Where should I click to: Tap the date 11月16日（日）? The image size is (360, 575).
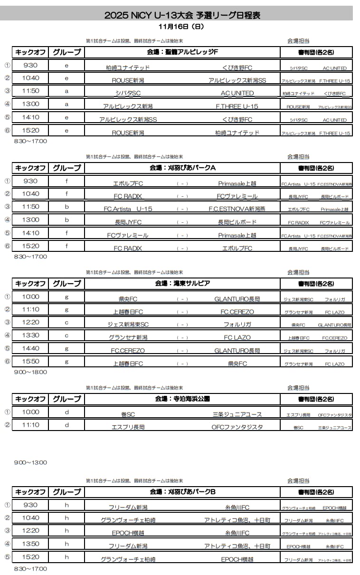pos(182,27)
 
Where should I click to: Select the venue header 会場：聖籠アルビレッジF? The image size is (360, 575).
pos(183,52)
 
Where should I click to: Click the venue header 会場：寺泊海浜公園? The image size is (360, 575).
pos(183,399)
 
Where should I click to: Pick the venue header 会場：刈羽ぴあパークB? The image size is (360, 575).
pos(183,492)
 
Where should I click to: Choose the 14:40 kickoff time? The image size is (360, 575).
pos(31,349)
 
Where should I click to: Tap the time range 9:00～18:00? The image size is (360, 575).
pos(30,372)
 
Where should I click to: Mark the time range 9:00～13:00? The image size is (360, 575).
pos(30,462)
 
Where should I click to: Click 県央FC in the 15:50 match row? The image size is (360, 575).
pos(237,364)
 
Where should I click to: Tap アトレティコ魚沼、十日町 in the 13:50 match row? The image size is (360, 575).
pos(237,546)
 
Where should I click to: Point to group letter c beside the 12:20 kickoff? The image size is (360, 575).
pos(66,323)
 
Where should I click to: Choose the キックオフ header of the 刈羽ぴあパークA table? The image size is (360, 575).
pos(31,168)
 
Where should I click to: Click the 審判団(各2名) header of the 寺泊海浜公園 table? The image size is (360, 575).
pos(316,399)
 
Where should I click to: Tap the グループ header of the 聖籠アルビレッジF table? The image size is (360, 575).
pos(66,52)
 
